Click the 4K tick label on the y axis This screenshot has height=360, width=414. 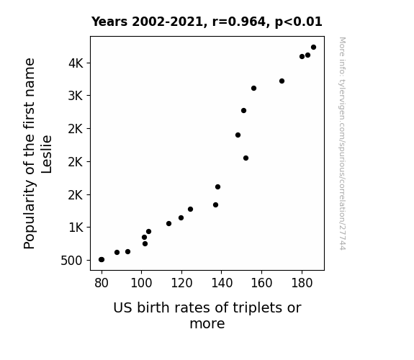pos(76,63)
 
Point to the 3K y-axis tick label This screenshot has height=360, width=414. pos(76,96)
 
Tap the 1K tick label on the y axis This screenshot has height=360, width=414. pos(76,228)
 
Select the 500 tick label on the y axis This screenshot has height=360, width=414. pos(71,261)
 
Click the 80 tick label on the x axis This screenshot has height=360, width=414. pos(102,283)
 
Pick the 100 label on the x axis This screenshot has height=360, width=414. pos(142,283)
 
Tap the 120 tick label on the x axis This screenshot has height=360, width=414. pos(181,283)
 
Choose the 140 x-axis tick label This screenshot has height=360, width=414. pos(222,283)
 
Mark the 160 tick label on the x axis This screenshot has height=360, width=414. pos(261,283)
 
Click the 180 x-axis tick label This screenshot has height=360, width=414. pos(302,283)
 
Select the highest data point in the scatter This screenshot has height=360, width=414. pos(313,48)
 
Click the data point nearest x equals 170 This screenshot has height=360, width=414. pos(282,81)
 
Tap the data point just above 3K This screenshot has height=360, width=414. pos(253,89)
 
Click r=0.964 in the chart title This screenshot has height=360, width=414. pos(240,22)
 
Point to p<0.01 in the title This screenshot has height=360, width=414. pos(298,22)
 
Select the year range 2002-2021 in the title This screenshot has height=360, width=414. pos(168,22)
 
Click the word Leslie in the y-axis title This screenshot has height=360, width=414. pos(47,154)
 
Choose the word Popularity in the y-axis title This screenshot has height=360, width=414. pos(30,215)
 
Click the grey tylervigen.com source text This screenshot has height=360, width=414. pos(342,144)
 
